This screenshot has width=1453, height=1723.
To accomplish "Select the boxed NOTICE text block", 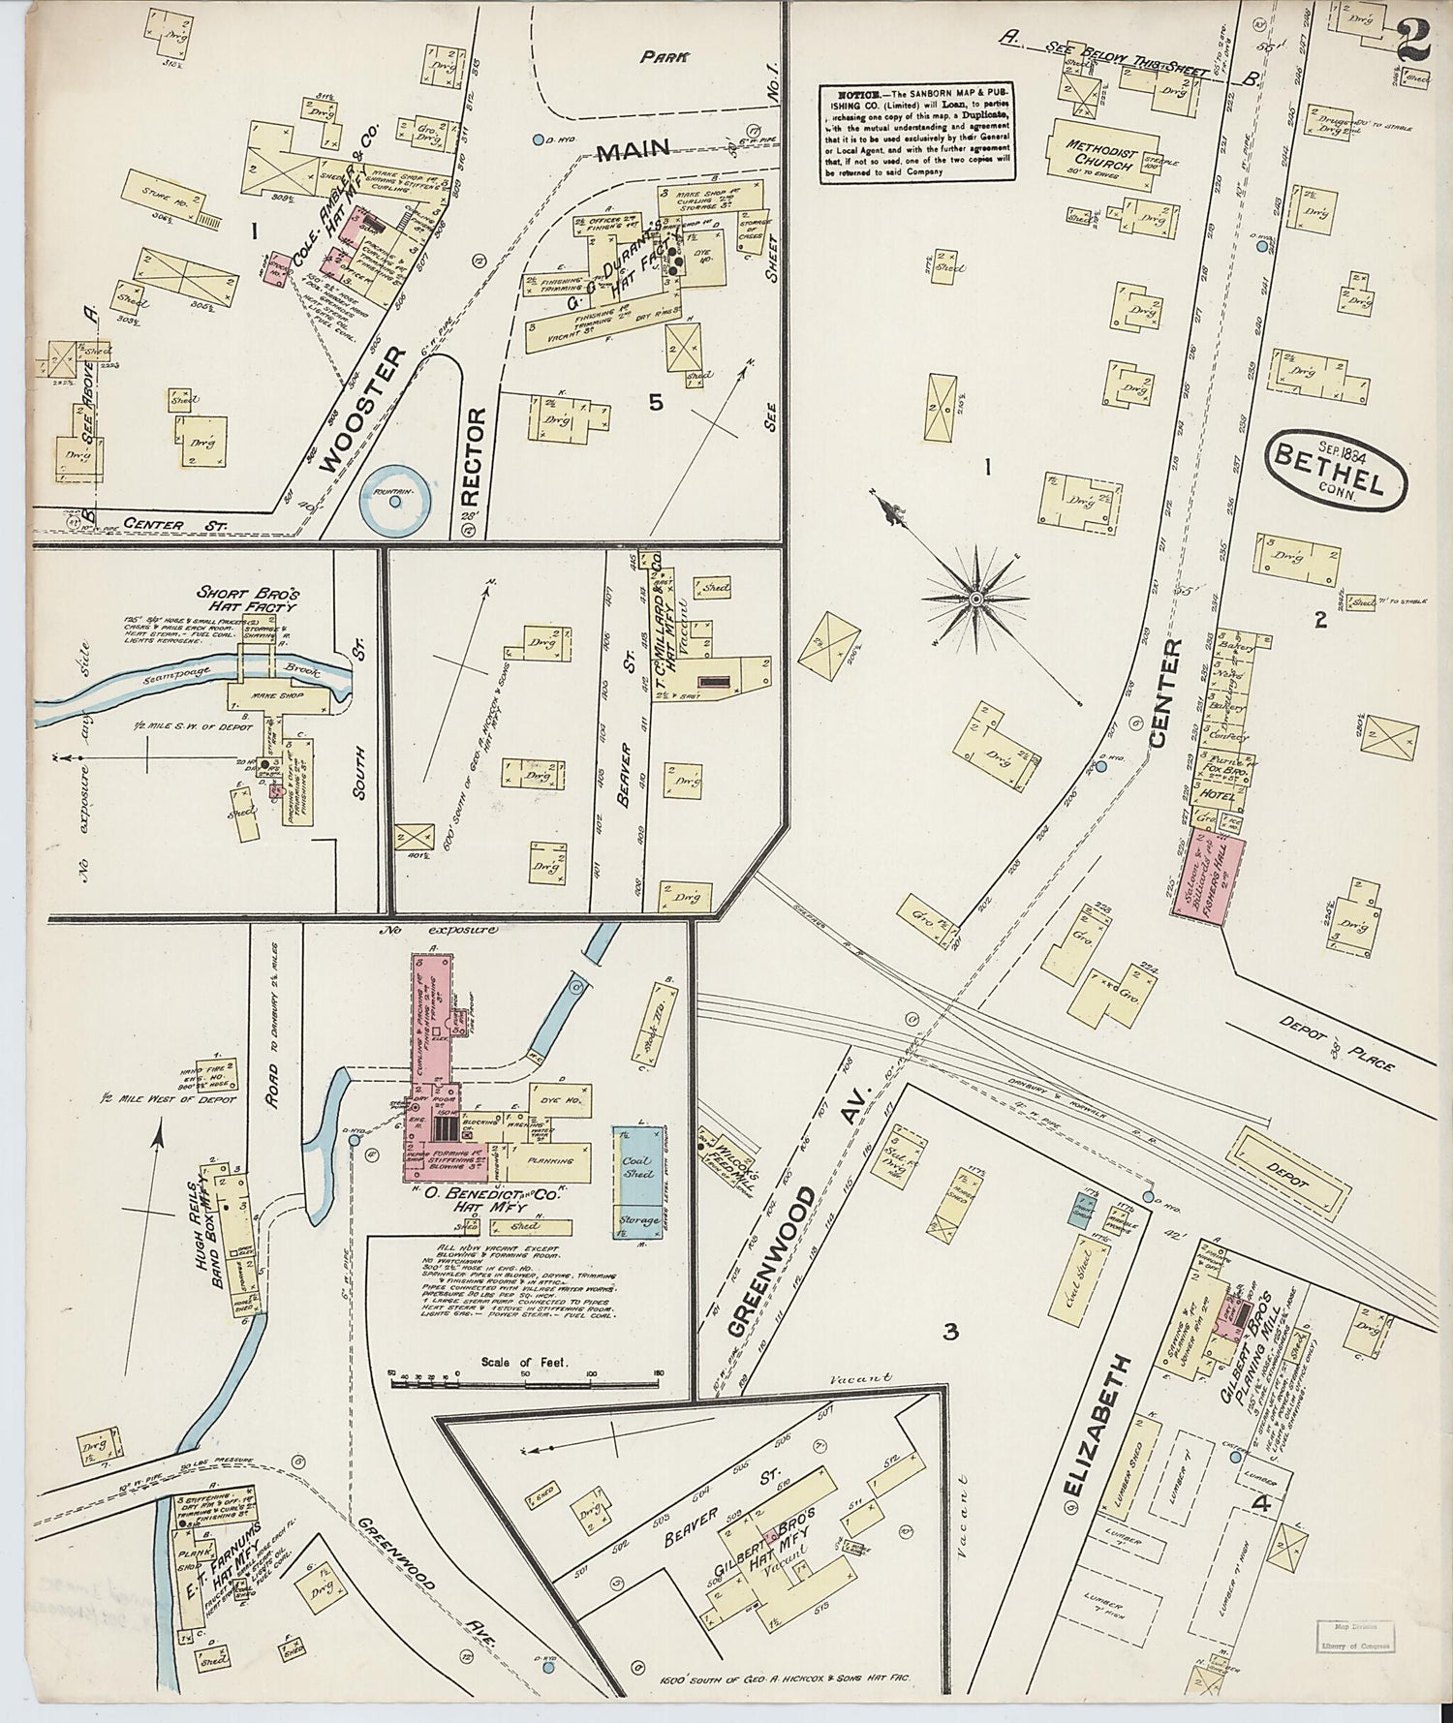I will pos(918,134).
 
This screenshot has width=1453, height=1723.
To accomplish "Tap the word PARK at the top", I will pos(664,57).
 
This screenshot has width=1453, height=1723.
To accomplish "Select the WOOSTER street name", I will pos(362,411).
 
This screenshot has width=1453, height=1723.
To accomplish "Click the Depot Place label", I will pos(1337,1044).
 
